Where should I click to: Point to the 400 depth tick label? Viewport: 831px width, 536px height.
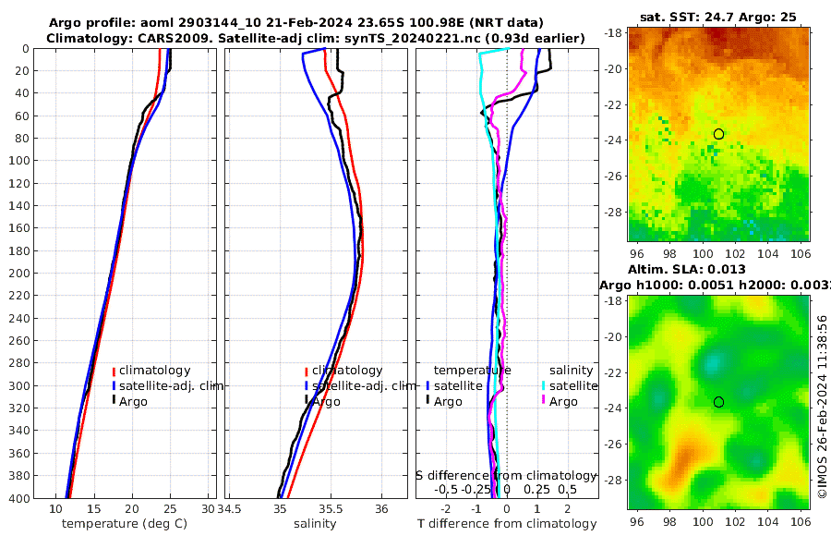tap(18, 498)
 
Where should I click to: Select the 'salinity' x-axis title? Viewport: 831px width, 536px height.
tap(314, 524)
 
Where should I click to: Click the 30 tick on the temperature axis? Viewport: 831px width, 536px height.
tap(208, 509)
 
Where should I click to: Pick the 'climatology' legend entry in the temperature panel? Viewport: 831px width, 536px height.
tap(154, 371)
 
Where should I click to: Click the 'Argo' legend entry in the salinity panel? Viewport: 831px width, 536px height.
tap(326, 402)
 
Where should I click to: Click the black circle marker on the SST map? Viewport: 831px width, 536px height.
tap(718, 134)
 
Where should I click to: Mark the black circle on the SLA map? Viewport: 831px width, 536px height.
tap(718, 402)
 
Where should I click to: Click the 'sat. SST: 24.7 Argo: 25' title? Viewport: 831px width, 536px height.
tap(717, 17)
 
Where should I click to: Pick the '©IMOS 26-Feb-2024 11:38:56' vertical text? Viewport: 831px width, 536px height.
tap(822, 407)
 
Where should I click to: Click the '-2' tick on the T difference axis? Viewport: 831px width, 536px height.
tap(447, 509)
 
